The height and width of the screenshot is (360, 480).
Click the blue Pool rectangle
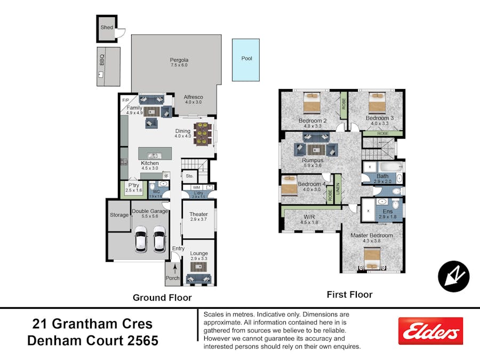coord(245,60)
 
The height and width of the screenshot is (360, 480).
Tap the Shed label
coord(107,27)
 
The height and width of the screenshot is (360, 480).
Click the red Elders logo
coord(430,331)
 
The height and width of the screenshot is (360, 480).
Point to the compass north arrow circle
coord(453,276)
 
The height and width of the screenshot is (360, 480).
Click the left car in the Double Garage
coord(141,239)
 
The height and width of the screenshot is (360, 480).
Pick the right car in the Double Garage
coord(159,239)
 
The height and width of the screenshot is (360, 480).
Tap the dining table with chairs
coord(203,134)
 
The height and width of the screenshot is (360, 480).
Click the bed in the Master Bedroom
coord(372,259)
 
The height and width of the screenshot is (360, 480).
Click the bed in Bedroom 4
coord(289,186)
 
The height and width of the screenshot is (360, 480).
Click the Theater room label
coord(198,214)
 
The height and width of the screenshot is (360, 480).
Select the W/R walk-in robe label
coord(309,217)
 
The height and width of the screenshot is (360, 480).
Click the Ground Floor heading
coord(162,298)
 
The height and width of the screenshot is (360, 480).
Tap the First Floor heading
coord(349,294)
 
